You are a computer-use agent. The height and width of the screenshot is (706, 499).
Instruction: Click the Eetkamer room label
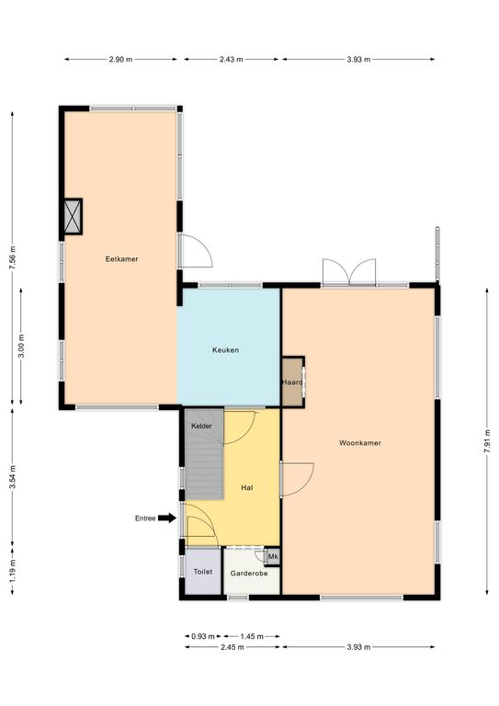click(121, 259)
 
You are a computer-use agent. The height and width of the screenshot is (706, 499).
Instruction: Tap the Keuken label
click(225, 350)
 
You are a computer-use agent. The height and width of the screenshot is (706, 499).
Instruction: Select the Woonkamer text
click(360, 443)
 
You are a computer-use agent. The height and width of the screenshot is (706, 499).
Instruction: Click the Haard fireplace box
click(293, 382)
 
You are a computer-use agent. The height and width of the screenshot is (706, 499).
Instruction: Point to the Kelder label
click(201, 426)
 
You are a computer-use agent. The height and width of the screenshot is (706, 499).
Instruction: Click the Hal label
click(246, 487)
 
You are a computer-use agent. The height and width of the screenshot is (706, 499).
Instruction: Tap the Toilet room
click(203, 572)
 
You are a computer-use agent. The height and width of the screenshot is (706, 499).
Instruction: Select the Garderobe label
click(249, 574)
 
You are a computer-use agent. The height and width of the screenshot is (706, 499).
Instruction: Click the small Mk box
click(273, 556)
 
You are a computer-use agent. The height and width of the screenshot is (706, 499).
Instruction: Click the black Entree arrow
click(167, 518)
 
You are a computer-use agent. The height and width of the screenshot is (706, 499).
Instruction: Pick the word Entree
click(145, 518)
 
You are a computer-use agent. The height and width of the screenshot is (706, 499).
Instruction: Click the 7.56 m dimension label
click(13, 258)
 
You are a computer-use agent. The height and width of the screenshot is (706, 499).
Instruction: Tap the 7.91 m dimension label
click(487, 441)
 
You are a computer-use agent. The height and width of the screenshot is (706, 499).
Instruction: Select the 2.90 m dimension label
click(120, 59)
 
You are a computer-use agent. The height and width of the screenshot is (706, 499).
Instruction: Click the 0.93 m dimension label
click(203, 636)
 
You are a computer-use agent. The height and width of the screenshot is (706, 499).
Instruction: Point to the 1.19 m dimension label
click(13, 571)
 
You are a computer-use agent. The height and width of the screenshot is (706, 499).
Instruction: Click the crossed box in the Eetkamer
click(73, 217)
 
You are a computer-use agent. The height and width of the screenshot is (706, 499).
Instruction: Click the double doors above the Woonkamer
click(349, 272)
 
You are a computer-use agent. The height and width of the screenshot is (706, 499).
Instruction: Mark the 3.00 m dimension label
click(21, 347)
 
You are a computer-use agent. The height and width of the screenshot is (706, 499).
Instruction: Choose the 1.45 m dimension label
click(252, 636)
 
